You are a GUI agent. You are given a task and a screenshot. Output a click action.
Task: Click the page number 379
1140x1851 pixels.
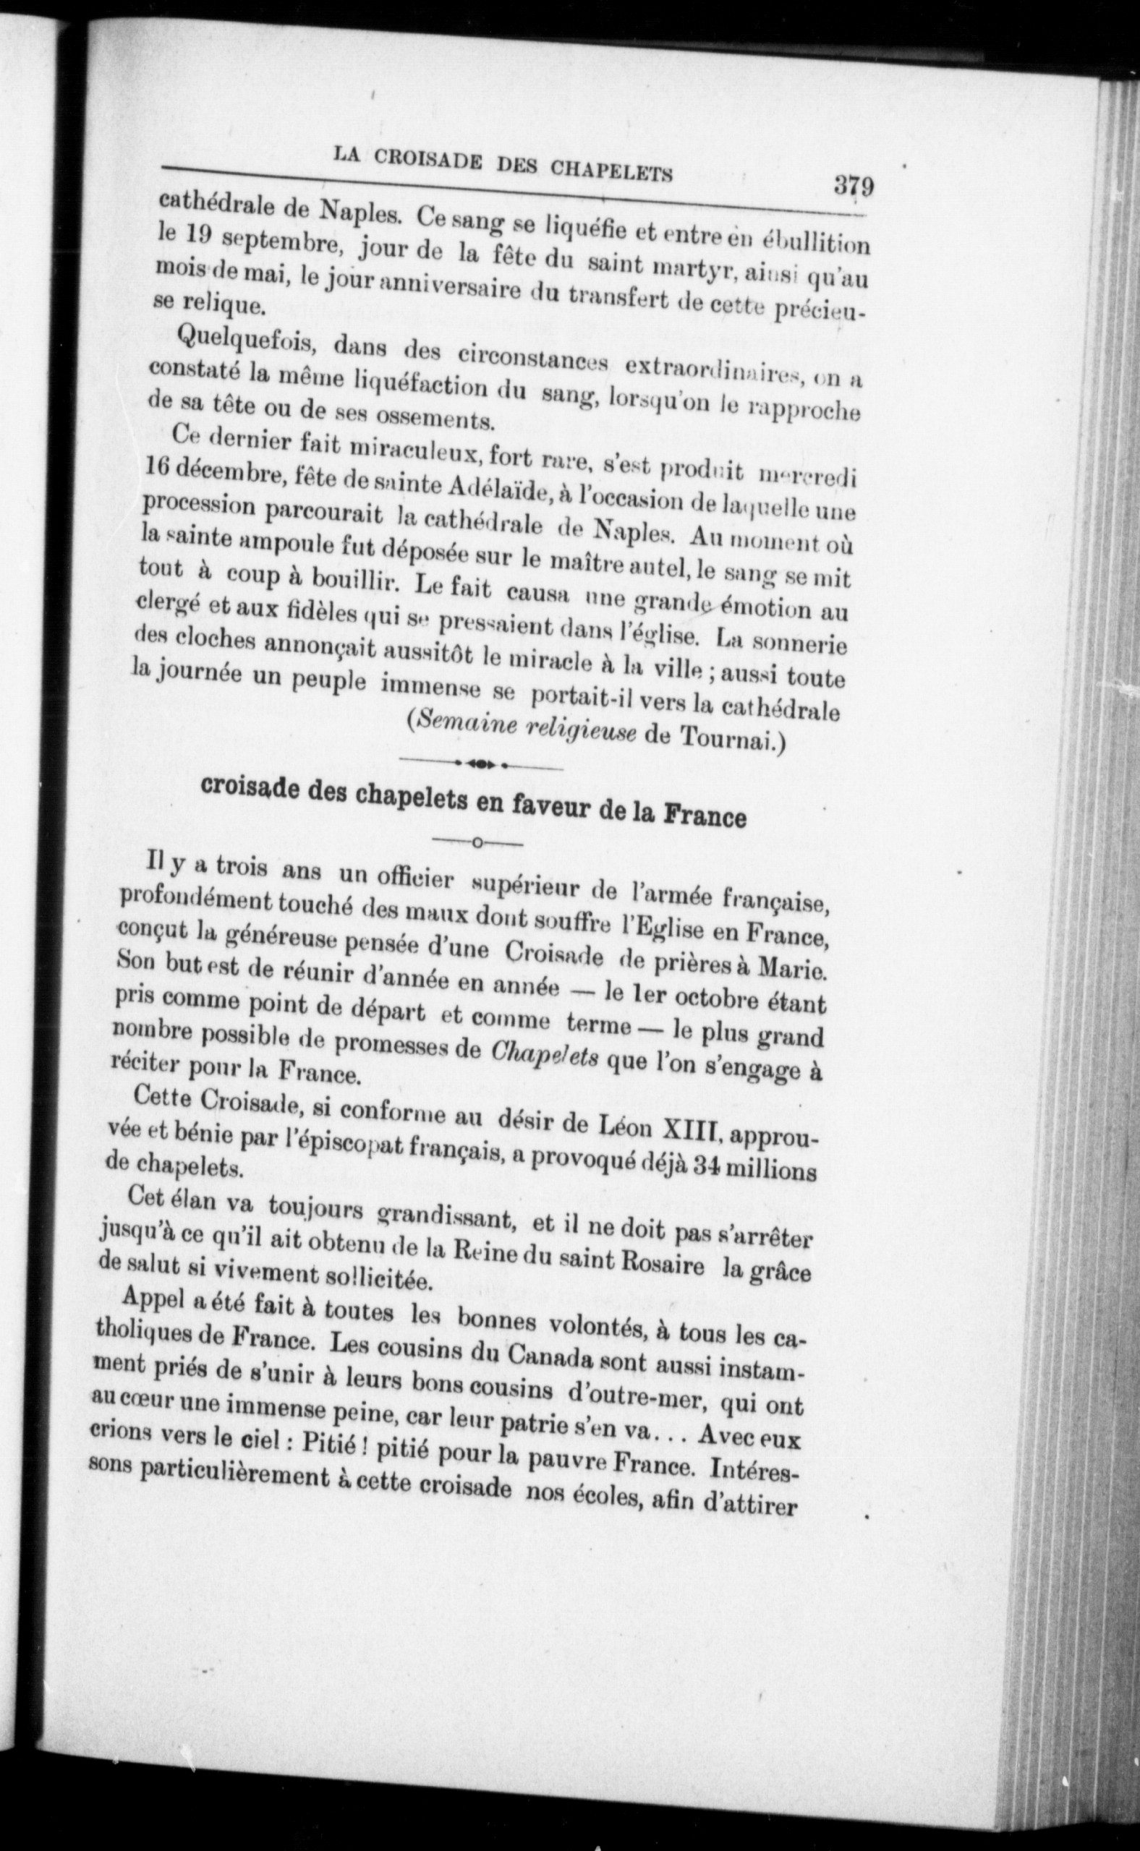pyautogui.click(x=853, y=185)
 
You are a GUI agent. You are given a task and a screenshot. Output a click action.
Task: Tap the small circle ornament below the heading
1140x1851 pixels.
pyautogui.click(x=478, y=842)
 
